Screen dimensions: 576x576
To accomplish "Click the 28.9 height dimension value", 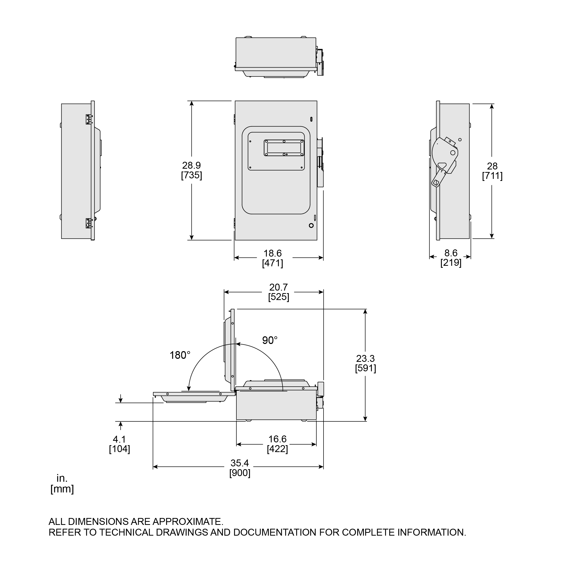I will pyautogui.click(x=191, y=165).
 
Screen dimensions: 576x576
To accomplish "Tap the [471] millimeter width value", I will pyautogui.click(x=272, y=263).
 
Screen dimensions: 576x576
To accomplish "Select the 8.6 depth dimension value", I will pyautogui.click(x=451, y=253).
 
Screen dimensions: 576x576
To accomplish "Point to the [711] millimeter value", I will pyautogui.click(x=492, y=176).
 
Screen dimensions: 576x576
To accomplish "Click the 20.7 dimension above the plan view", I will pyautogui.click(x=279, y=287).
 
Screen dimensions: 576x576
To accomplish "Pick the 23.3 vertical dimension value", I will pyautogui.click(x=365, y=358).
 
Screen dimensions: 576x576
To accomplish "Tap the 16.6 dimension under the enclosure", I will pyautogui.click(x=277, y=439).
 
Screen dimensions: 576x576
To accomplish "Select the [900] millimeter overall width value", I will pyautogui.click(x=240, y=473).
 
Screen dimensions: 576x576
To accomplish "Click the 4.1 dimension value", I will pyautogui.click(x=119, y=439).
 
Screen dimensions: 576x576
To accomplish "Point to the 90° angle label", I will pyautogui.click(x=270, y=340).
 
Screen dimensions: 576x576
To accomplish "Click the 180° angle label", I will pyautogui.click(x=180, y=355).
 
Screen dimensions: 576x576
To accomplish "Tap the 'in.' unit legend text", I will pyautogui.click(x=62, y=478).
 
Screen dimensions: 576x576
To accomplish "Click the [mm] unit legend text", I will pyautogui.click(x=62, y=489).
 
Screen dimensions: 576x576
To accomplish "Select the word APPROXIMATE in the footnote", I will pyautogui.click(x=188, y=521).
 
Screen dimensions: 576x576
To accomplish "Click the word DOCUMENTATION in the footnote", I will pyautogui.click(x=274, y=532).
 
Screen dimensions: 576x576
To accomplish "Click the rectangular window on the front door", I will pyautogui.click(x=284, y=148).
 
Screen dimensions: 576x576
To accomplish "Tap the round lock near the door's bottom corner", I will pyautogui.click(x=311, y=225).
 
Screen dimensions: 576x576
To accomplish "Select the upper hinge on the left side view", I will pyautogui.click(x=88, y=119).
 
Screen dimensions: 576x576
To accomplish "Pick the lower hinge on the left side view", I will pyautogui.click(x=88, y=223).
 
